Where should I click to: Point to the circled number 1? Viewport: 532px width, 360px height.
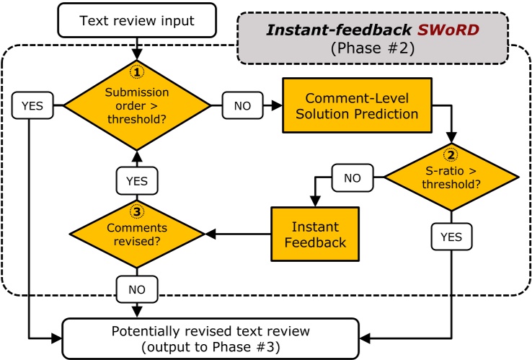(136, 72)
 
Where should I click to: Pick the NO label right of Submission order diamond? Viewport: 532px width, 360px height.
(241, 106)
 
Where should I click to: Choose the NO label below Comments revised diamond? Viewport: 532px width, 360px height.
(136, 290)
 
